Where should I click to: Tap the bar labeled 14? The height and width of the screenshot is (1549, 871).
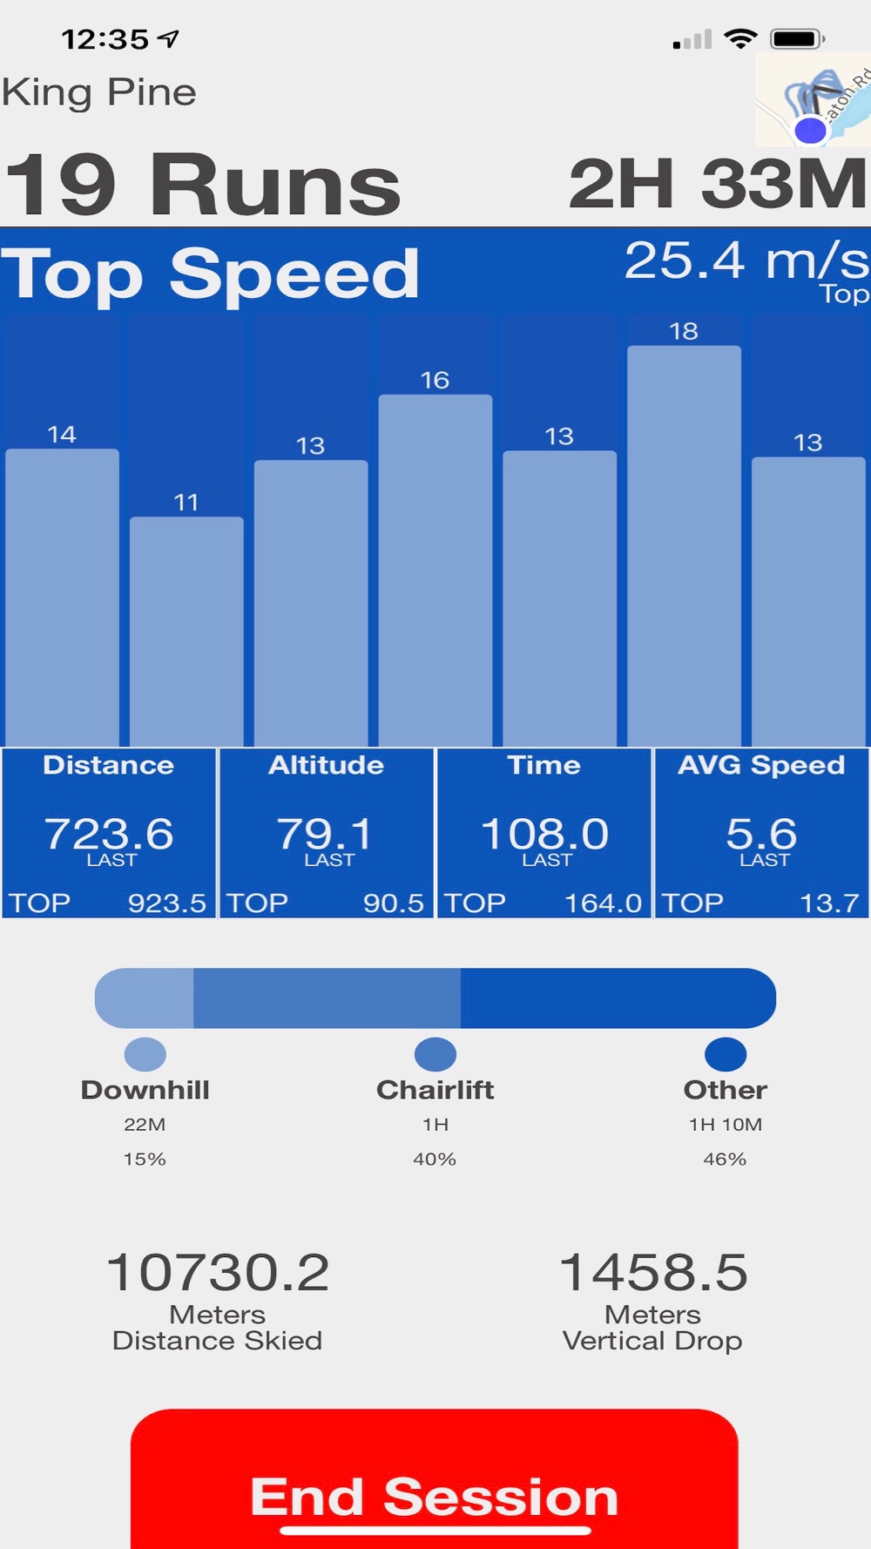pyautogui.click(x=62, y=596)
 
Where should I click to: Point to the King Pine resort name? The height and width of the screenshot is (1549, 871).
pyautogui.click(x=99, y=92)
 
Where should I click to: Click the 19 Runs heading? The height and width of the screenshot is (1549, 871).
pyautogui.click(x=202, y=185)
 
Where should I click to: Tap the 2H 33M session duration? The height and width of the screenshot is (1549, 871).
pyautogui.click(x=717, y=185)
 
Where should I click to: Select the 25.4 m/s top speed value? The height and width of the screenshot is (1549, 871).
pyautogui.click(x=746, y=260)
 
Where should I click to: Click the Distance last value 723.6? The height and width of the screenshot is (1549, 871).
pyautogui.click(x=109, y=834)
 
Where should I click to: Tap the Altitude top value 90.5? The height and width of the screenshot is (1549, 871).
pyautogui.click(x=393, y=903)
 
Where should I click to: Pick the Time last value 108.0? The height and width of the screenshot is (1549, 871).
pyautogui.click(x=544, y=834)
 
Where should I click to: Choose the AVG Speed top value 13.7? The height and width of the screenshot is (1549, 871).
pyautogui.click(x=829, y=903)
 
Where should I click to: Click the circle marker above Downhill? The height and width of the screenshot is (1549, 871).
pyautogui.click(x=145, y=1054)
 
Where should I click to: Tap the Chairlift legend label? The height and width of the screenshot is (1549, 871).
pyautogui.click(x=435, y=1090)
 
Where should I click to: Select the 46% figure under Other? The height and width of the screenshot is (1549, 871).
pyautogui.click(x=725, y=1160)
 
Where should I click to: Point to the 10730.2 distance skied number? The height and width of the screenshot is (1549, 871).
pyautogui.click(x=218, y=1272)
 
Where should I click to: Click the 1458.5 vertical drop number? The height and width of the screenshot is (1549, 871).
pyautogui.click(x=652, y=1272)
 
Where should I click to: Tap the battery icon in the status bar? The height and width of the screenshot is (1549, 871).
pyautogui.click(x=796, y=39)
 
